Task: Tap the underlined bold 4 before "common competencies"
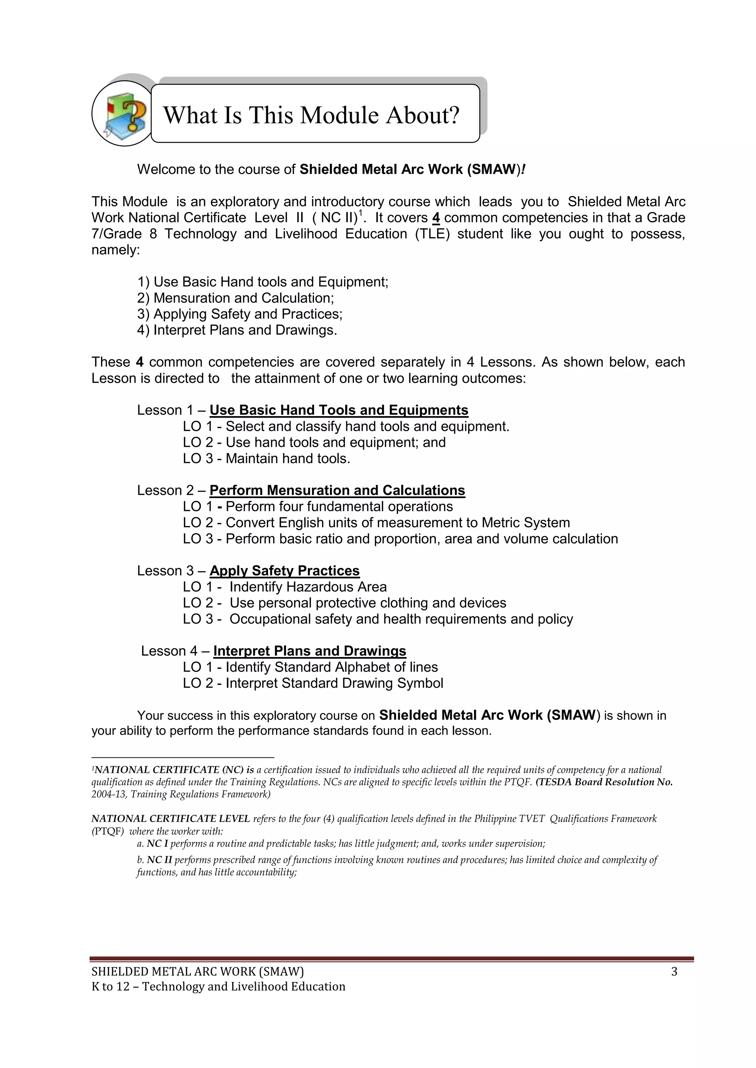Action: pos(436,218)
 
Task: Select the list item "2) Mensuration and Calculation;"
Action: pos(236,298)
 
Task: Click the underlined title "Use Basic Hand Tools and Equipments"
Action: pos(339,410)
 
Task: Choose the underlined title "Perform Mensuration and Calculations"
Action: pos(337,490)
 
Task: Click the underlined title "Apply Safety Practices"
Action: pos(285,571)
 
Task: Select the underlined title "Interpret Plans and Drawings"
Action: pos(310,651)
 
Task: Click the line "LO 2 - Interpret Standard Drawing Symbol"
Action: pos(313,683)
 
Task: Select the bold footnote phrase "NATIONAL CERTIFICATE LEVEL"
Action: pos(171,819)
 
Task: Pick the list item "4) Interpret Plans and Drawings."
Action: pos(237,330)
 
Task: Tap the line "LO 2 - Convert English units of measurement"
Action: pos(376,523)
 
